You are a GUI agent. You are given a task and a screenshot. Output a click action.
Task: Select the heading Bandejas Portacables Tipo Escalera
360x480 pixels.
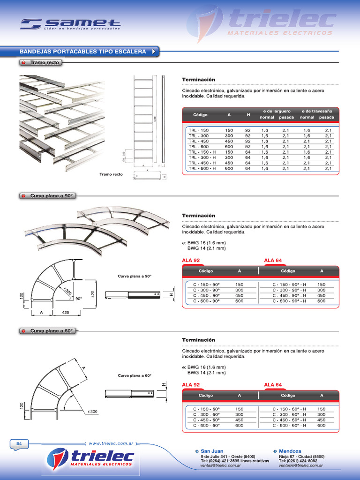point(83,52)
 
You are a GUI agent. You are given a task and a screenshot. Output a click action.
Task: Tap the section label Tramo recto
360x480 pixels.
point(45,62)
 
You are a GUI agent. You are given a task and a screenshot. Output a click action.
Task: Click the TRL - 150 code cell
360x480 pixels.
point(199,130)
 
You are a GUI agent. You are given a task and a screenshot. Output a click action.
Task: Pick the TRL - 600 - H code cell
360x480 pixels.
point(202,168)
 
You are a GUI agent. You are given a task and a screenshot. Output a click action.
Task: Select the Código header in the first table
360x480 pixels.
point(200,115)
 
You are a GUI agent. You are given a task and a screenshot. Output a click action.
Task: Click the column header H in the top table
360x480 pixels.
point(248,115)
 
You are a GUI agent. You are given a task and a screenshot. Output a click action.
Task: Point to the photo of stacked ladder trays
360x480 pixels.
point(61,120)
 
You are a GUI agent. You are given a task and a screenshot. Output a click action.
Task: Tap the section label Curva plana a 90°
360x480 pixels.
point(52,196)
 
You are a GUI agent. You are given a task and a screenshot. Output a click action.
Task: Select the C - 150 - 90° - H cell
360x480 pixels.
point(289,285)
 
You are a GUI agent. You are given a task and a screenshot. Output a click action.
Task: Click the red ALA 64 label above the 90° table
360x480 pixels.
point(273,260)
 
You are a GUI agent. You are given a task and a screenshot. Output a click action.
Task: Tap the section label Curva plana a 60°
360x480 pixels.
point(52,331)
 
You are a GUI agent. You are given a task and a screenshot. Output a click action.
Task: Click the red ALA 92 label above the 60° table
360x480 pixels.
point(191,385)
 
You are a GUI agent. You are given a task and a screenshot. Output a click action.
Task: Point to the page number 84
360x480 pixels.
point(19,443)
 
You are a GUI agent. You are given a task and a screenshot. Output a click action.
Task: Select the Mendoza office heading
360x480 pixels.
point(290,451)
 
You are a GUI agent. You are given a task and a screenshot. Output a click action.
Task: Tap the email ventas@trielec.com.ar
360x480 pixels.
point(221,466)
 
